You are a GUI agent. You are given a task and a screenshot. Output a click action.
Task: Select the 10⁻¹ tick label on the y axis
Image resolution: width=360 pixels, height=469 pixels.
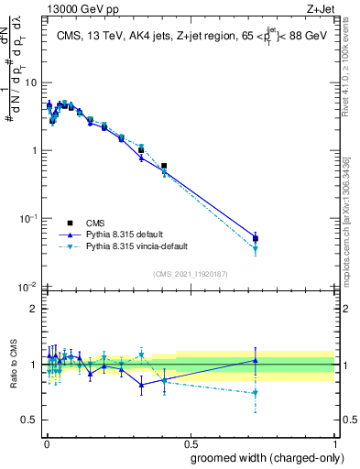[x=30, y=219]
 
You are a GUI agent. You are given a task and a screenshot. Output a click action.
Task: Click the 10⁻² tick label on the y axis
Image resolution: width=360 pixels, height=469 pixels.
[x=30, y=287]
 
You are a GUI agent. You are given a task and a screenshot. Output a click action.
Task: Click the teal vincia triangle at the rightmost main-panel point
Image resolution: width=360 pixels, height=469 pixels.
[x=256, y=248]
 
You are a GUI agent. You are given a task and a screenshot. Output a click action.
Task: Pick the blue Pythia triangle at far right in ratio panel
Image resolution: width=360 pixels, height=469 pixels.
[x=256, y=360]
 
